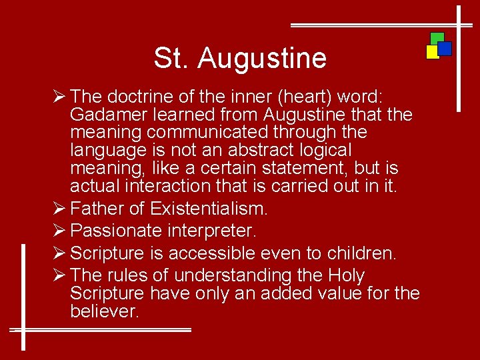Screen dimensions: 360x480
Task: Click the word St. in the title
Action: click(x=172, y=58)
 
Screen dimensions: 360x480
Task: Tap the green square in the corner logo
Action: click(x=437, y=37)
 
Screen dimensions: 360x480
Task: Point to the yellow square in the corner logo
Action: click(x=432, y=52)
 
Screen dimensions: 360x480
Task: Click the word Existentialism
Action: click(x=209, y=209)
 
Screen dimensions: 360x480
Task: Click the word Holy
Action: click(x=346, y=275)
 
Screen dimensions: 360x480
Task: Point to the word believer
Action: click(x=104, y=311)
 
